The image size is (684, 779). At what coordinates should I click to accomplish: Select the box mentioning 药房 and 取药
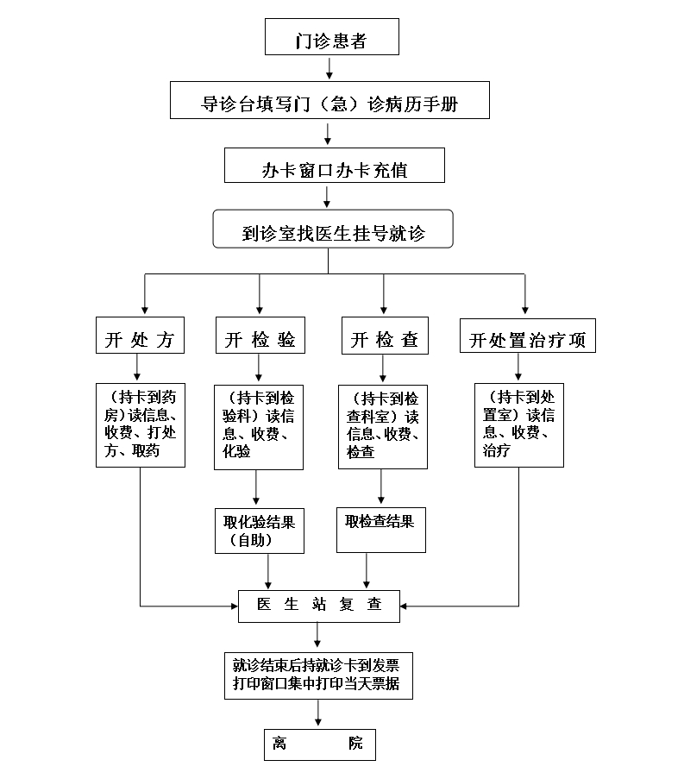pos(140,425)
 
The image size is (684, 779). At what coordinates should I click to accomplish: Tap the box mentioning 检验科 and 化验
pos(259,426)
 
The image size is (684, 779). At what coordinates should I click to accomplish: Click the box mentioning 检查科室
pos(383,426)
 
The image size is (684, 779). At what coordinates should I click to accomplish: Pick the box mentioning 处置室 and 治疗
pos(518,425)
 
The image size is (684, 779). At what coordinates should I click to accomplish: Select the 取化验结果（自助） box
pos(259,531)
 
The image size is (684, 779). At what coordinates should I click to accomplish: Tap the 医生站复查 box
pos(319,606)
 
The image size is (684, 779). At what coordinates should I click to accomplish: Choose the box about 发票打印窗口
pos(319,674)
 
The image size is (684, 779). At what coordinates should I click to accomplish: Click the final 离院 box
pos(319,744)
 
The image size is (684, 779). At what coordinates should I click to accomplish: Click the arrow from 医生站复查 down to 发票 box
pos(319,636)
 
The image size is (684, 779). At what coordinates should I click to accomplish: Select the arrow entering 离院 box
pos(319,712)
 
